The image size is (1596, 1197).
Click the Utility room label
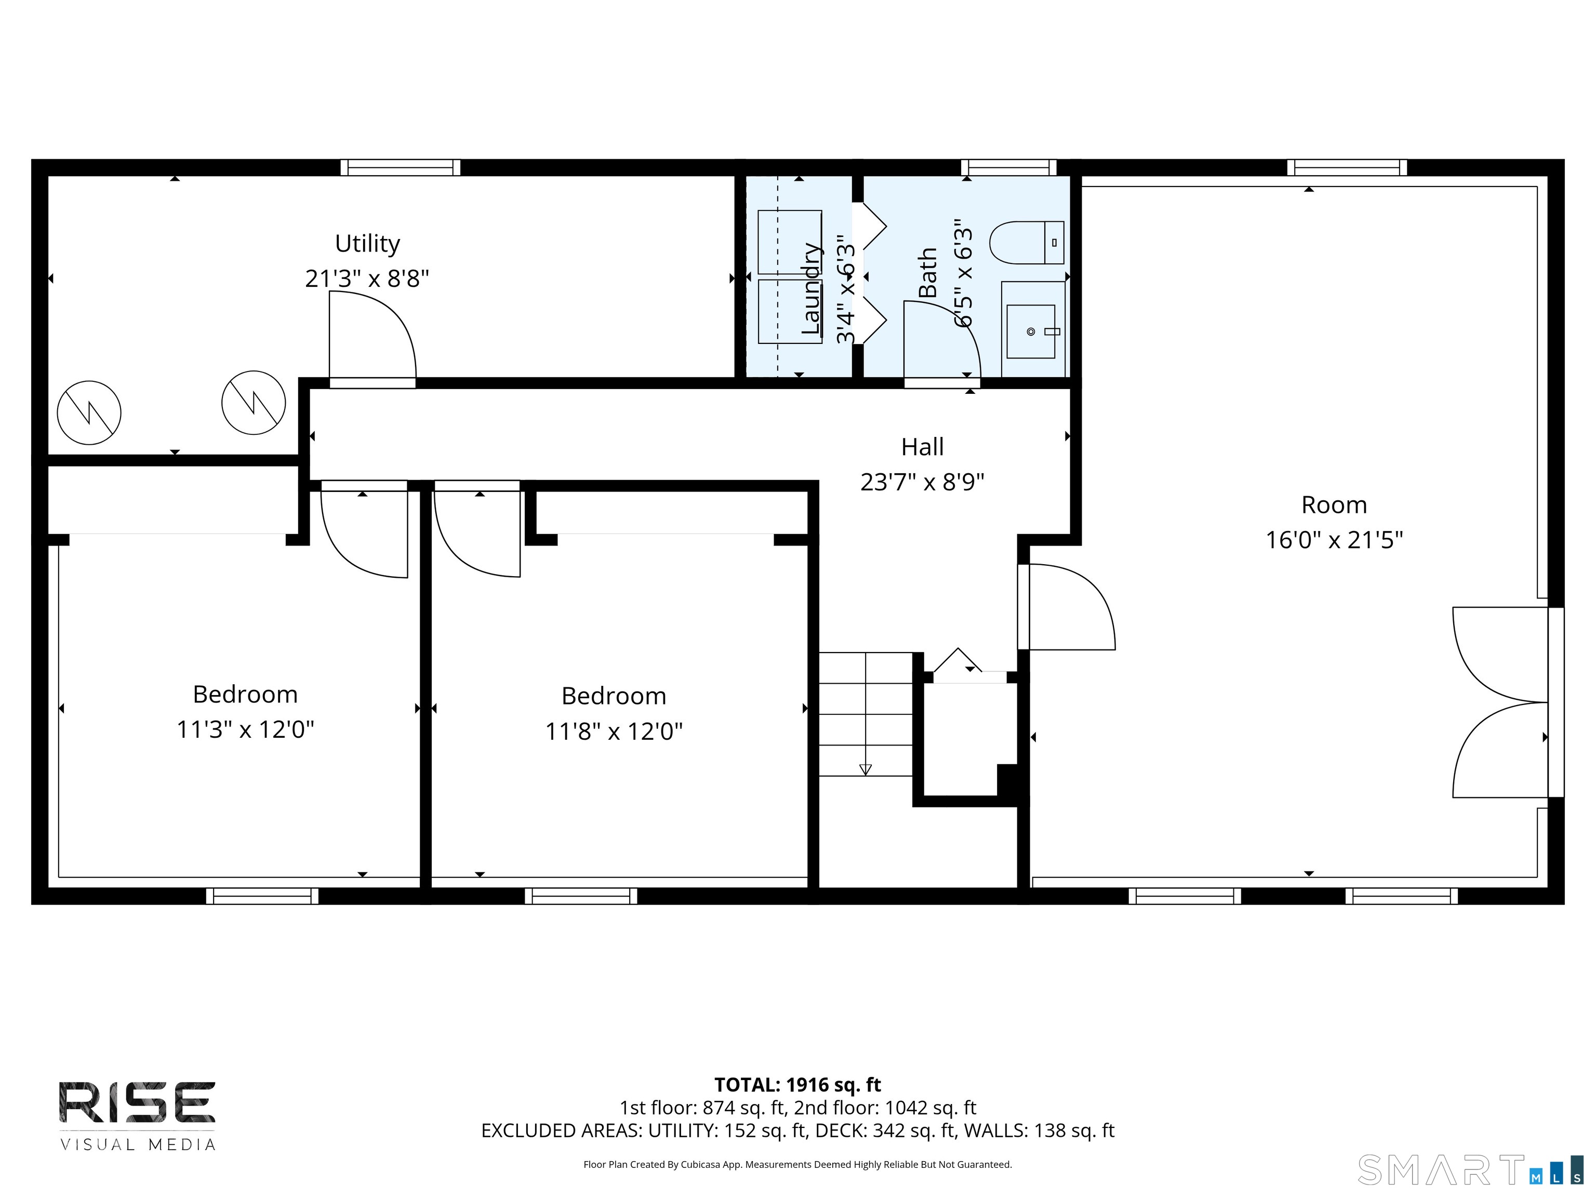coord(367,244)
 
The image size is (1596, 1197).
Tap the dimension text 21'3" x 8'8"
coord(367,278)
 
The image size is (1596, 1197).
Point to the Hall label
coord(922,447)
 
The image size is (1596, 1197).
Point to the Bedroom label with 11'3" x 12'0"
coord(245,695)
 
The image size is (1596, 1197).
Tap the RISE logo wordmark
coord(137,1102)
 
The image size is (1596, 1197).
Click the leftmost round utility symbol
coord(89,413)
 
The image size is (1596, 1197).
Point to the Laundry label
coord(811,289)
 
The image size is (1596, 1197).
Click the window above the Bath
coord(1009,167)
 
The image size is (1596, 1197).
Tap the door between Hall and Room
coord(1068,607)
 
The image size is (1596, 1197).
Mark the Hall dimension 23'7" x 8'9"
coord(922,482)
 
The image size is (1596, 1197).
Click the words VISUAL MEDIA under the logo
coord(137,1145)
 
